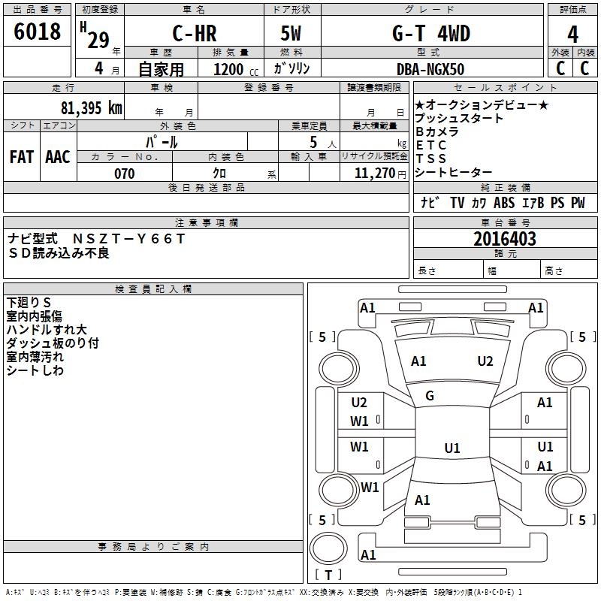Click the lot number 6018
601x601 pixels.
pyautogui.click(x=37, y=32)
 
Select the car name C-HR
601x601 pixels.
pyautogui.click(x=195, y=33)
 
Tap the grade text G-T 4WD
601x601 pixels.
pyautogui.click(x=431, y=33)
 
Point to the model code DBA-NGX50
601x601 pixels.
pyautogui.click(x=430, y=69)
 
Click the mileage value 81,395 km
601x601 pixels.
pyautogui.click(x=91, y=108)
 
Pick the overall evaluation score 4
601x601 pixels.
pyautogui.click(x=572, y=35)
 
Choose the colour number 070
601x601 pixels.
pyautogui.click(x=125, y=174)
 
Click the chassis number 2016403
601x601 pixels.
pyautogui.click(x=505, y=239)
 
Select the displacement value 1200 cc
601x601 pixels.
pyautogui.click(x=236, y=69)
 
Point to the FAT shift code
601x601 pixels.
pyautogui.click(x=22, y=157)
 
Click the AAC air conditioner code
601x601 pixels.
pyautogui.click(x=58, y=157)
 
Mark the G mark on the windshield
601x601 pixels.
pyautogui.click(x=430, y=396)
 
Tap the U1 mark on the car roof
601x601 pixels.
pyautogui.click(x=452, y=448)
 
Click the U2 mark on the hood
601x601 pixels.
pyautogui.click(x=485, y=361)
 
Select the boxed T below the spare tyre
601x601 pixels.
pyautogui.click(x=328, y=575)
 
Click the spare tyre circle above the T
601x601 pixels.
pyautogui.click(x=328, y=549)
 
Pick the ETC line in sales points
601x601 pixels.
pyautogui.click(x=431, y=145)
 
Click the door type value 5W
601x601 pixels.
pyautogui.click(x=291, y=33)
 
